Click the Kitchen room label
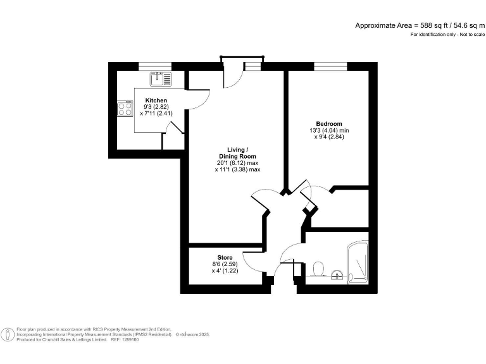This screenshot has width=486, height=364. pyautogui.click(x=156, y=100)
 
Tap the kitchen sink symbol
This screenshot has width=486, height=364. pyautogui.click(x=161, y=78)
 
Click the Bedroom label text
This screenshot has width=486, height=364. pyautogui.click(x=329, y=124)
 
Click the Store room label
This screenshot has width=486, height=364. pyautogui.click(x=225, y=257)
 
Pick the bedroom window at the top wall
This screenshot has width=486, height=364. pyautogui.click(x=330, y=66)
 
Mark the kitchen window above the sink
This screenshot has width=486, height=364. pyautogui.click(x=155, y=66)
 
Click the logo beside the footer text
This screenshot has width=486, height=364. pyautogui.click(x=8, y=334)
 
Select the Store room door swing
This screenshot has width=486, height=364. pyautogui.click(x=253, y=259)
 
